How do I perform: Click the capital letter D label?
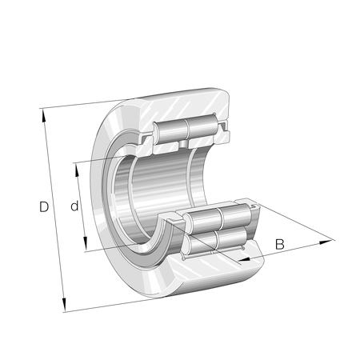click(x=44, y=206)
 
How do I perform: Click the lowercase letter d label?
click(x=74, y=206)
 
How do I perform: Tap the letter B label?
click(x=280, y=244)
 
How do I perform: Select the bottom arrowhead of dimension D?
click(x=64, y=305)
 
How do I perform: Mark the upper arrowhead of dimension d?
click(x=77, y=170)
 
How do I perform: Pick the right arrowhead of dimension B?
click(x=326, y=242)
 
